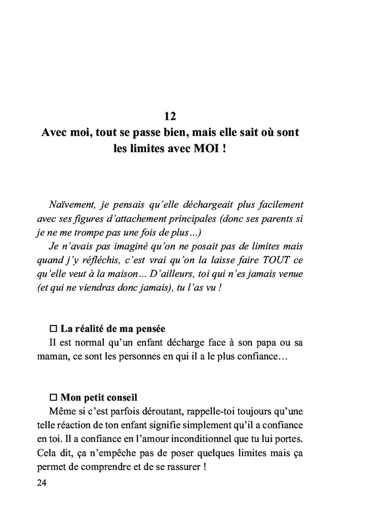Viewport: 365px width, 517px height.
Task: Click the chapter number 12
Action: tap(170, 116)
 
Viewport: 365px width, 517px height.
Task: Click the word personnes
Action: tap(140, 358)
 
